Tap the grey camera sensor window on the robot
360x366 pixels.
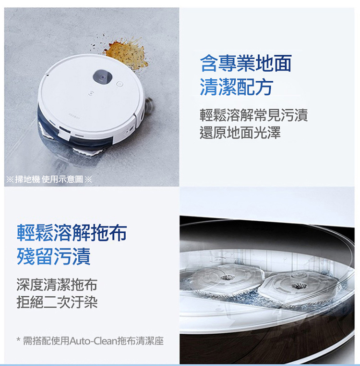point(103,77)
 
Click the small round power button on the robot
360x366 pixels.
point(120,84)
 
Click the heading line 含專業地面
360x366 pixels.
point(246,63)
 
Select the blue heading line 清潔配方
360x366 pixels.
point(237,87)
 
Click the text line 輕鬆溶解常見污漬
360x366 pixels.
point(254,115)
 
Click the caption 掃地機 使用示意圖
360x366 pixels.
point(49,179)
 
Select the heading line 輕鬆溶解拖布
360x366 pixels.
point(72,233)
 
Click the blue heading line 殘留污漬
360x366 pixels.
point(54,256)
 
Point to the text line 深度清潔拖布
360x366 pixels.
point(57,285)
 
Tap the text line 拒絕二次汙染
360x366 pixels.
point(57,302)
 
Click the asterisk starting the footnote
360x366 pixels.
point(18,340)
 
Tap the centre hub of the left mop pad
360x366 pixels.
point(225,278)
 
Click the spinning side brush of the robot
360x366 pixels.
point(149,104)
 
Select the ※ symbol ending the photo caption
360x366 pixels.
point(88,179)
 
